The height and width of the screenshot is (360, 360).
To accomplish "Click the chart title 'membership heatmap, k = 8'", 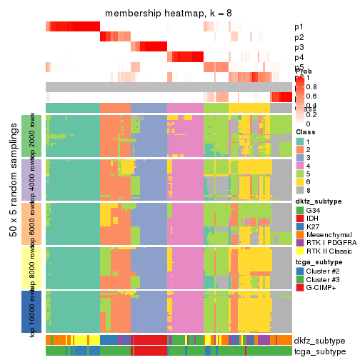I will (x=169, y=14).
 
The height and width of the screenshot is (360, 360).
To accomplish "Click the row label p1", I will (x=298, y=27).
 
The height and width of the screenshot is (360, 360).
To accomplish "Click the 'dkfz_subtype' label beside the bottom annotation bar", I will (x=319, y=340).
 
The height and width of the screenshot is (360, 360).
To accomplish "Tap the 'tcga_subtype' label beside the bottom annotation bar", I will (x=319, y=351).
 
